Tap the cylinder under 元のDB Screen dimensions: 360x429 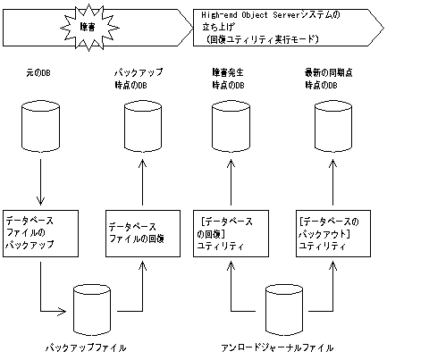39,125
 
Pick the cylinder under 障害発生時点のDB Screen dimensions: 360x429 231,125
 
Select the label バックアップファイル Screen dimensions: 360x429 86,346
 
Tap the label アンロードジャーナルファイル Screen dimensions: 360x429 281,346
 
